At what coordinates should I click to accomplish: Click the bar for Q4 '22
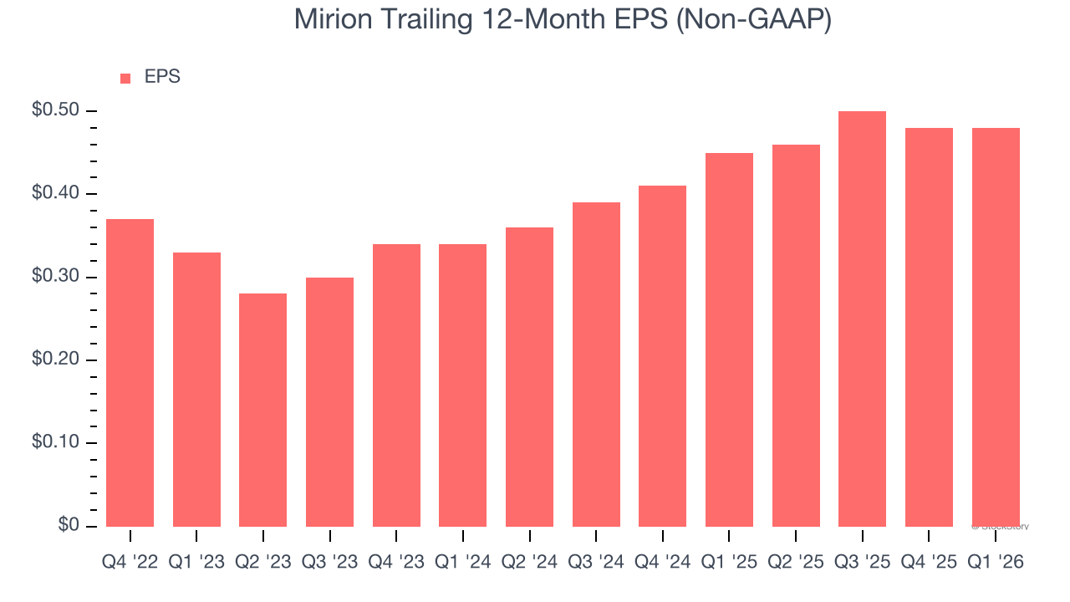click(x=130, y=372)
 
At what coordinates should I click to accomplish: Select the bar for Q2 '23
click(x=262, y=410)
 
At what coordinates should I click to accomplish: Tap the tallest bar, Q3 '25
click(x=862, y=319)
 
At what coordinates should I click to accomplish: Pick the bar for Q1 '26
click(x=996, y=327)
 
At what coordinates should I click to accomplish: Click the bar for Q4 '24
click(x=662, y=355)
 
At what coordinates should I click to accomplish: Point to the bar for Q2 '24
click(x=529, y=376)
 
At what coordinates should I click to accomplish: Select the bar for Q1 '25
click(x=729, y=339)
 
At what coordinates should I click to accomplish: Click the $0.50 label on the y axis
click(x=56, y=111)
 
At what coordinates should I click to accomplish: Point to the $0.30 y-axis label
click(x=56, y=278)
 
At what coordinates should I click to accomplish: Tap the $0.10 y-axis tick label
click(x=56, y=443)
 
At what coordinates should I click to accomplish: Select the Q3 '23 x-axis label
click(x=329, y=563)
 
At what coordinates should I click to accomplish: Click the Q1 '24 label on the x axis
click(x=463, y=563)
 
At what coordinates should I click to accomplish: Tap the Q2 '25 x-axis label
click(x=796, y=563)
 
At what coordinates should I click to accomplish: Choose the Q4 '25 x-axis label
click(x=929, y=563)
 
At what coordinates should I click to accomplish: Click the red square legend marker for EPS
click(x=125, y=79)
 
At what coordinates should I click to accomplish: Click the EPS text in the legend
click(x=162, y=77)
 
